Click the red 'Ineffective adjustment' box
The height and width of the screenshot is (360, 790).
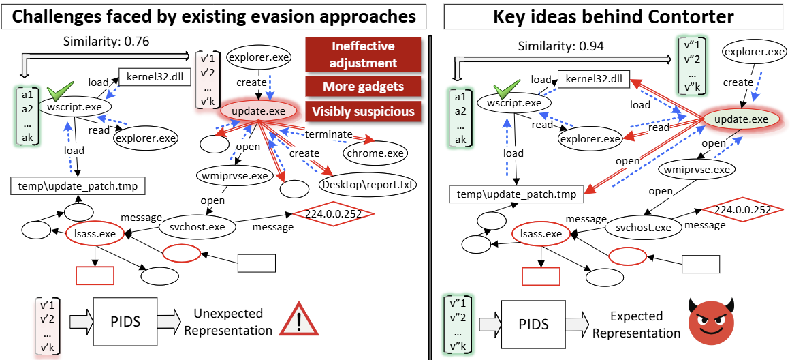364,55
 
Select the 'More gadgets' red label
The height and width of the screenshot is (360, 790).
364,87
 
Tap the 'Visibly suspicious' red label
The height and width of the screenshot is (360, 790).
364,111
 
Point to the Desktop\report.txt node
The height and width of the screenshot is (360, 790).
368,184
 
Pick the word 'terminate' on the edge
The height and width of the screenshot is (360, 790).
328,134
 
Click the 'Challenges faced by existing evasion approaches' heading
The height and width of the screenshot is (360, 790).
215,16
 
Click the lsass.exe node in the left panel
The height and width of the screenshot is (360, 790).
95,234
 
